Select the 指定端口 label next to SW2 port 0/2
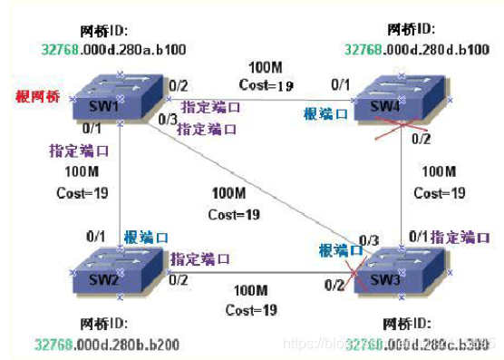pyautogui.click(x=199, y=259)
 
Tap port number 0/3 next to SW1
pyautogui.click(x=166, y=119)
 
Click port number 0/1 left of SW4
pyautogui.click(x=340, y=86)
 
